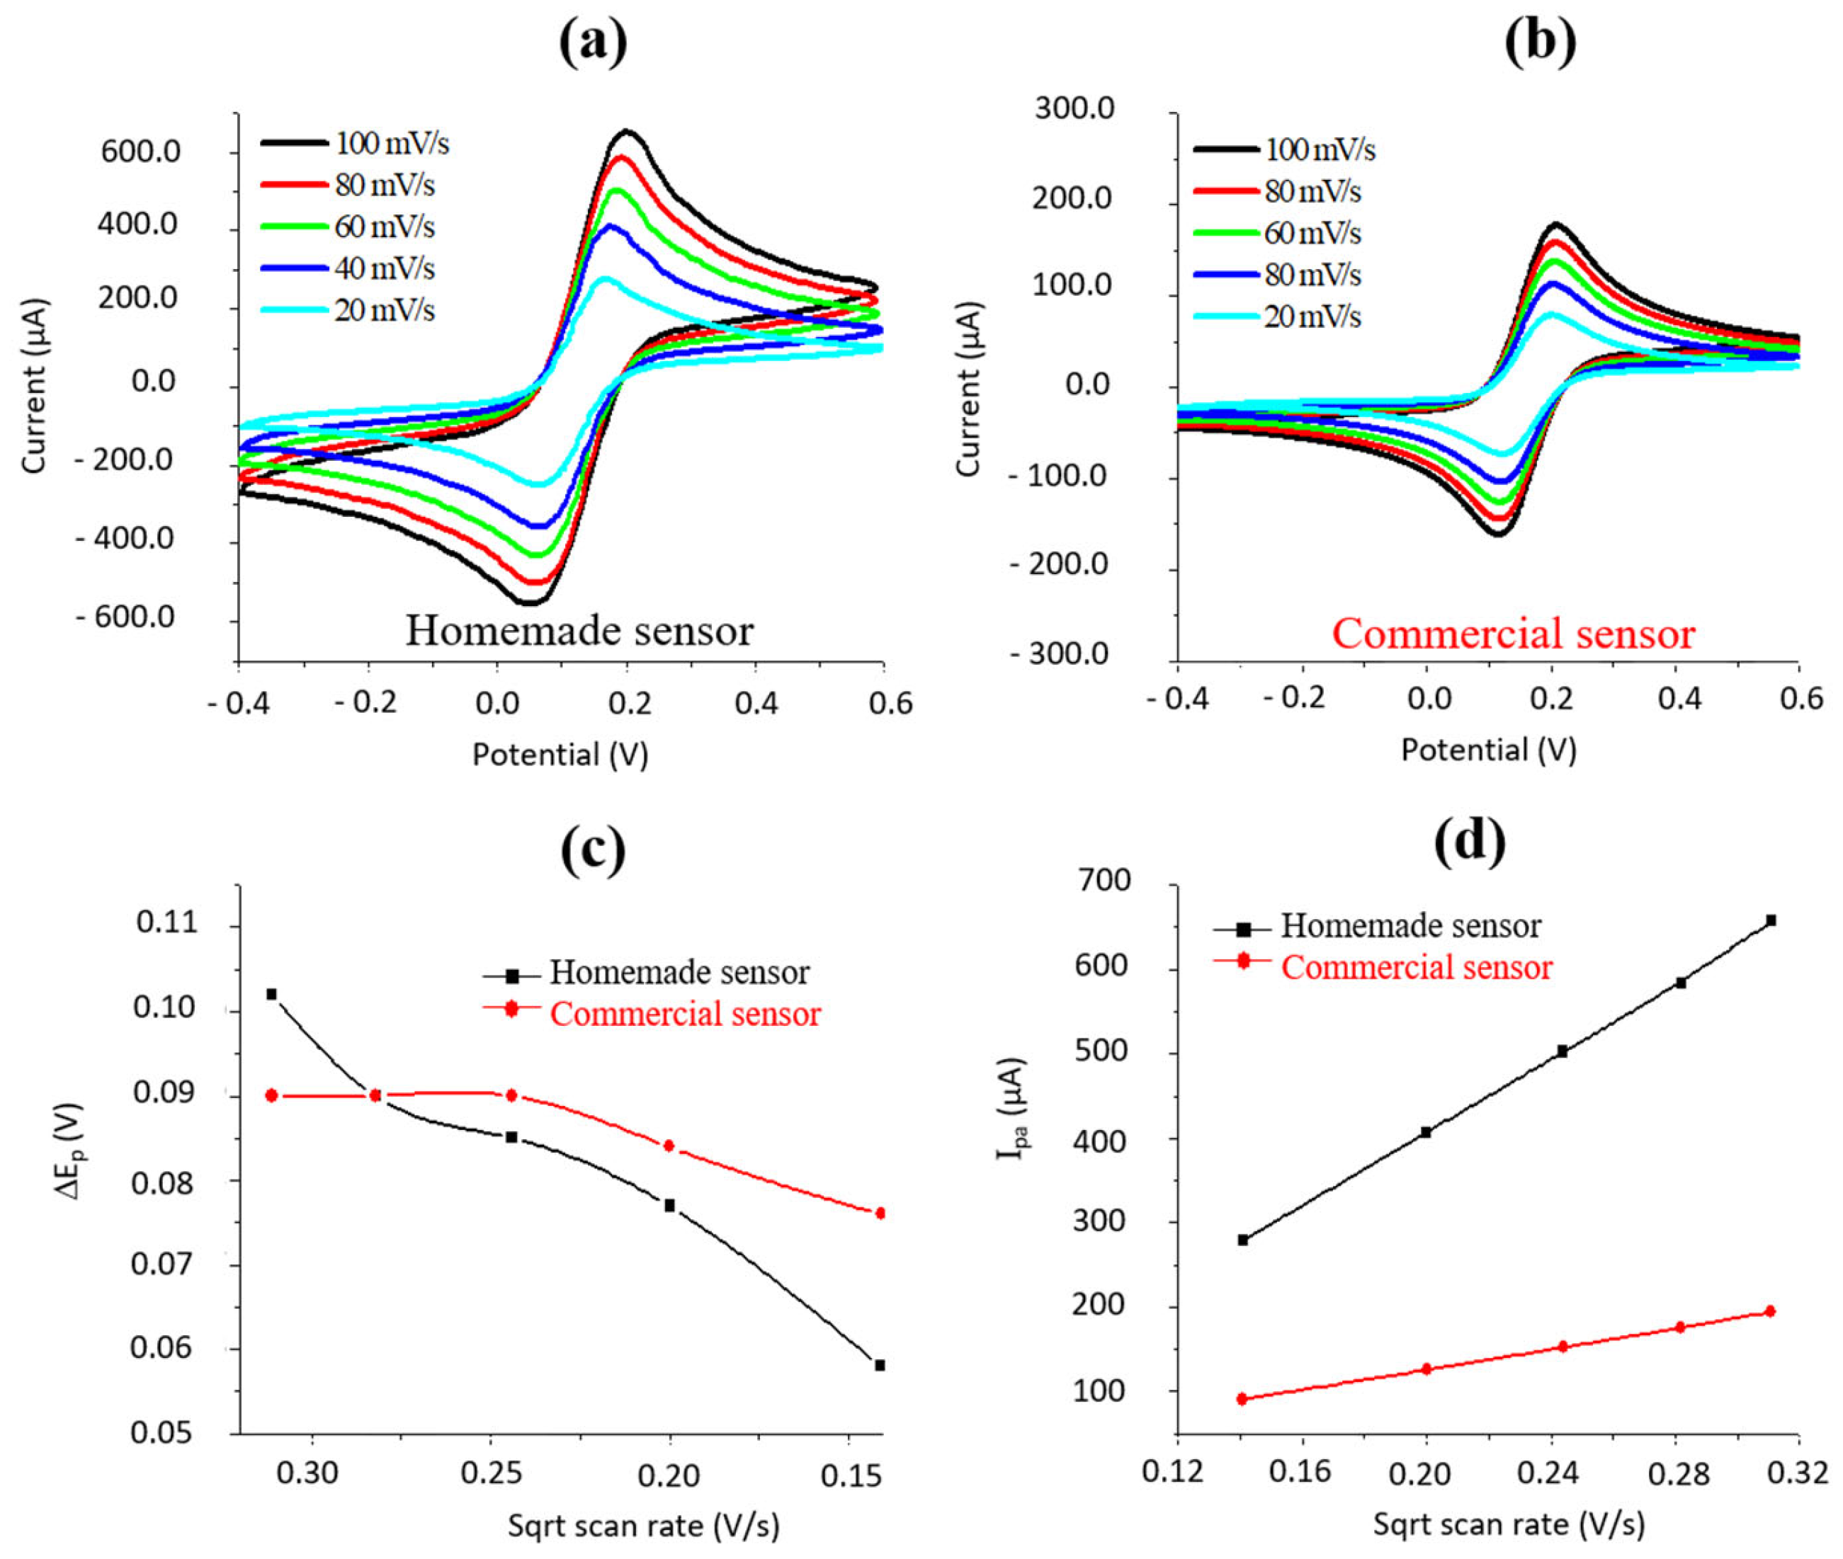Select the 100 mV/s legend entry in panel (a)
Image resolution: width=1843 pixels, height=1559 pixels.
pos(391,144)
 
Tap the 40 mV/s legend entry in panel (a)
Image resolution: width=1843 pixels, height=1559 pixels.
pos(384,268)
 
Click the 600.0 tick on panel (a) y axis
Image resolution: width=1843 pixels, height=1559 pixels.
pos(140,152)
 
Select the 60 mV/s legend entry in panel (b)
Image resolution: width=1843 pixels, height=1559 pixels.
pos(1312,234)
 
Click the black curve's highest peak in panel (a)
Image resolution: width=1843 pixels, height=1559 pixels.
pos(627,132)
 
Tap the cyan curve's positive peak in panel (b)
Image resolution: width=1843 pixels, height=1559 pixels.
pos(1553,314)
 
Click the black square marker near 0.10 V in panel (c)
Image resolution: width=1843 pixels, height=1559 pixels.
pos(271,994)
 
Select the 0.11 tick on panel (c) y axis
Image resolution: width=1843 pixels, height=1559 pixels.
pos(168,923)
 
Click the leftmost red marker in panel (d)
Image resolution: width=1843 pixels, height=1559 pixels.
pos(1242,1399)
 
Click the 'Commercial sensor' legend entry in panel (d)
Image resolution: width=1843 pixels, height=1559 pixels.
pos(1416,968)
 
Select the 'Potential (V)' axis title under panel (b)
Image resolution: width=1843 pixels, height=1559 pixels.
pos(1489,750)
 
